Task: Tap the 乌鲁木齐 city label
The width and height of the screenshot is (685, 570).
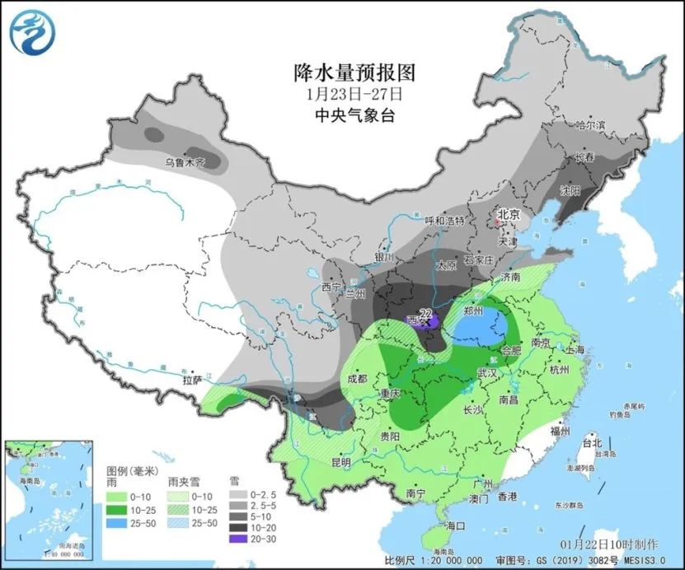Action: coord(184,162)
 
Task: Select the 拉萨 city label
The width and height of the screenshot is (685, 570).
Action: coord(193,381)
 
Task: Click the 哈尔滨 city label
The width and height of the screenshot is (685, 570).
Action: coord(589,125)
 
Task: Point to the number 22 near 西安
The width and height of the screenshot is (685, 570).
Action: coord(426,313)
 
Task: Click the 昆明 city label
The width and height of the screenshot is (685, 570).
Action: coord(340,461)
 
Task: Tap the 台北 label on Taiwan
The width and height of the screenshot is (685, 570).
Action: coord(592,442)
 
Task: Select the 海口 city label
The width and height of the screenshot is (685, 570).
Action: coord(456,525)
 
